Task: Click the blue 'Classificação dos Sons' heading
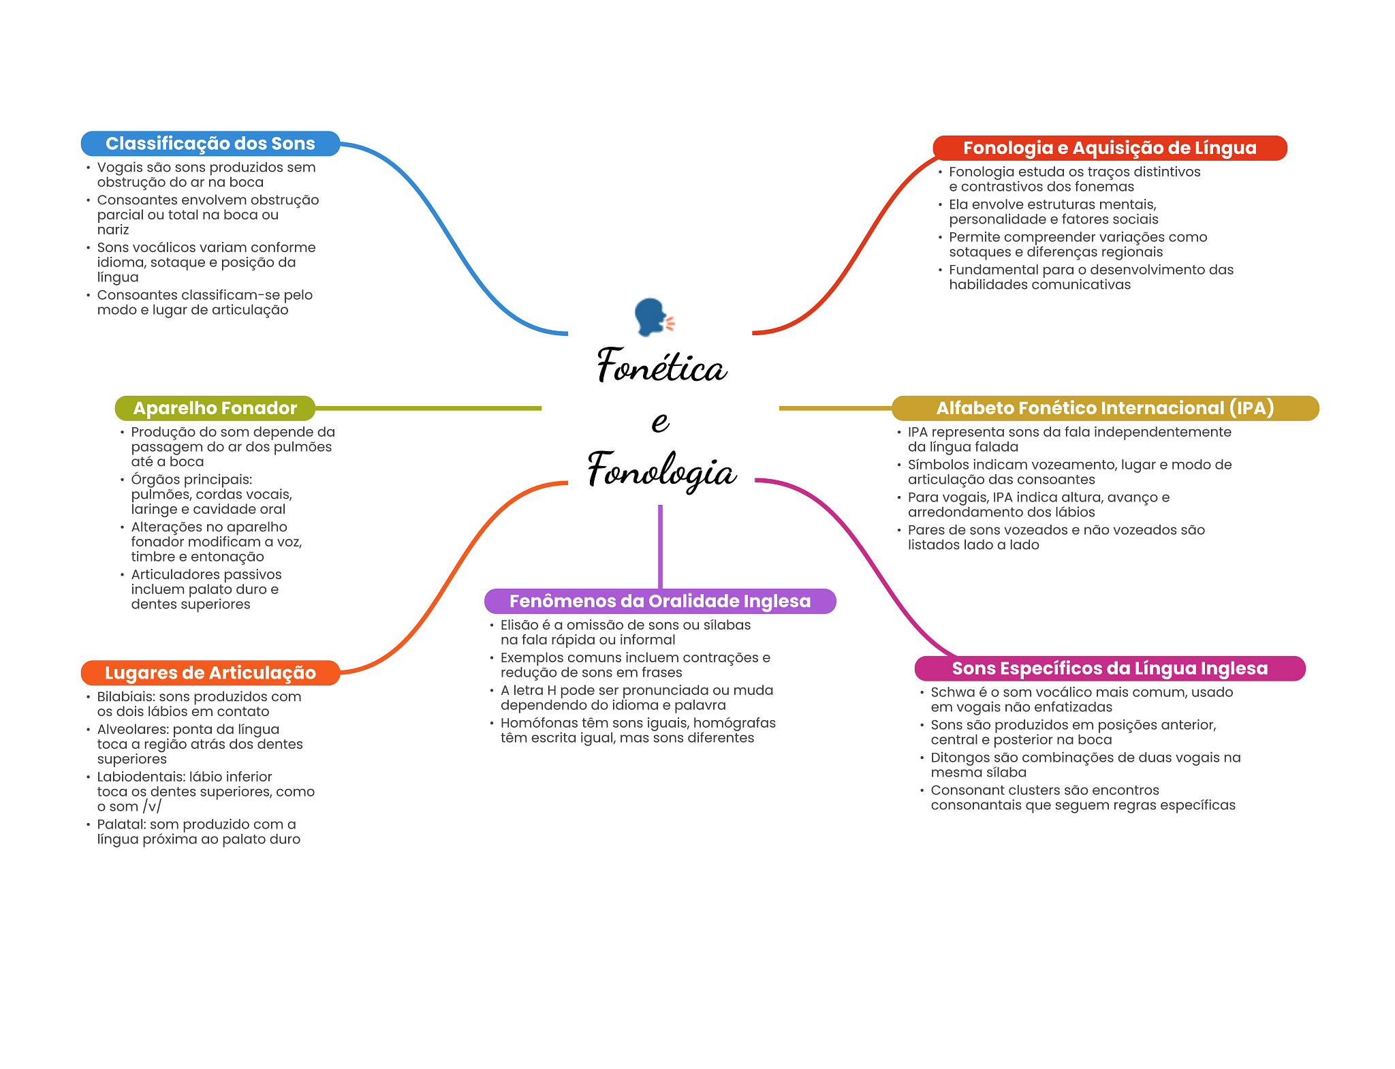[210, 144]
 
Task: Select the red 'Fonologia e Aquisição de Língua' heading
[1109, 148]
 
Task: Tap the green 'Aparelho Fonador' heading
[215, 408]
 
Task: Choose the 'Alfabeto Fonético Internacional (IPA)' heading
[1104, 408]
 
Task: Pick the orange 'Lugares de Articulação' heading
[210, 672]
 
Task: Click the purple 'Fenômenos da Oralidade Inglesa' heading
[659, 601]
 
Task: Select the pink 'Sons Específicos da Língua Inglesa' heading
[1109, 668]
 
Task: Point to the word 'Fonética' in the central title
[661, 366]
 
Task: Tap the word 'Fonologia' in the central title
[661, 470]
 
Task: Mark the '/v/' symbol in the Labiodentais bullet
[152, 807]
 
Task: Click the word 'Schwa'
[952, 692]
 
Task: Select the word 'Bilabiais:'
[126, 696]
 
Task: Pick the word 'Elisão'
[519, 625]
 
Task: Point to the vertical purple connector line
[660, 545]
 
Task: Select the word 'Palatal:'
[121, 824]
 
